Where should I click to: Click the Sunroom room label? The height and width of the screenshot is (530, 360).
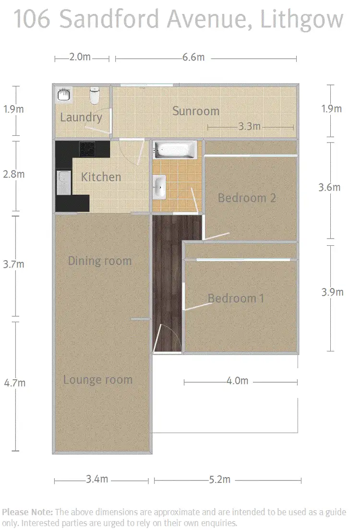[x=195, y=111]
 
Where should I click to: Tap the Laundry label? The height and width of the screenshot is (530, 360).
[x=81, y=117]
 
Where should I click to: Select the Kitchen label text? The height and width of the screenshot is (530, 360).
[x=101, y=177]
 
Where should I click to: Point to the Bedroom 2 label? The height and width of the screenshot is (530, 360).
[x=247, y=197]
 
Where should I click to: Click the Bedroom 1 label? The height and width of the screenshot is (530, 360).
[x=236, y=298]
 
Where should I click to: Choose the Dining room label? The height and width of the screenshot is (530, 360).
[x=99, y=261]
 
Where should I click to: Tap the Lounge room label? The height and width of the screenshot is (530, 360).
[x=97, y=380]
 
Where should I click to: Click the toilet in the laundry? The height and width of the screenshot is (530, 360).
[x=95, y=95]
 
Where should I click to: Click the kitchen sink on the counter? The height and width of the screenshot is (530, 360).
[x=63, y=183]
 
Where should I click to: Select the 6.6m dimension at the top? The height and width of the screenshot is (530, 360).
[x=193, y=58]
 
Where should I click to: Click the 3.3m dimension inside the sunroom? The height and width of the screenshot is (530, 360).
[x=249, y=127]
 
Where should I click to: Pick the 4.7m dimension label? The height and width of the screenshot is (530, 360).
[x=14, y=383]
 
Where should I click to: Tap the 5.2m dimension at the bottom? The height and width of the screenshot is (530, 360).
[x=219, y=480]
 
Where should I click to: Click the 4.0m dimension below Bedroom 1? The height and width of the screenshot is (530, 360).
[x=237, y=381]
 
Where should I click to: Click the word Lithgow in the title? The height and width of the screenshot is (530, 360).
[x=302, y=20]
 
